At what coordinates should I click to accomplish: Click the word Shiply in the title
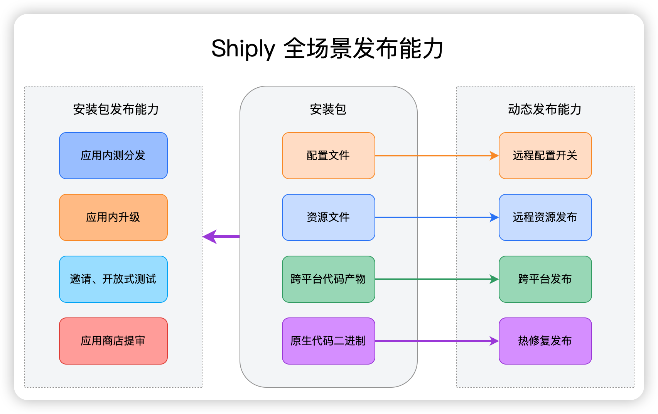tap(243, 49)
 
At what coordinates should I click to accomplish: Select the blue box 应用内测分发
tap(113, 156)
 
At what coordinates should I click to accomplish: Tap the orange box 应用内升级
tap(113, 217)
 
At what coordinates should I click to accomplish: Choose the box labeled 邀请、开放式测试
tap(113, 279)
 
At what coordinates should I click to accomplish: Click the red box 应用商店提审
tap(113, 341)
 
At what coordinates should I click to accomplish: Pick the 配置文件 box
tap(328, 156)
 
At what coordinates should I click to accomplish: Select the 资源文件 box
tap(328, 217)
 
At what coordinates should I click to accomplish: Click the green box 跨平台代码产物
tap(328, 279)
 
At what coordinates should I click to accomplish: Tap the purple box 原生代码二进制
tap(328, 341)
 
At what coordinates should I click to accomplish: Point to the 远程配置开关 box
tap(545, 156)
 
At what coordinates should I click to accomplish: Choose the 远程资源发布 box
tap(545, 217)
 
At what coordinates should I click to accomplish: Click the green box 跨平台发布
tap(545, 279)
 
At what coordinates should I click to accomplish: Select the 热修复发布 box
tap(545, 341)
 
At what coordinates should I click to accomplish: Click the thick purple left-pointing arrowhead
tap(209, 237)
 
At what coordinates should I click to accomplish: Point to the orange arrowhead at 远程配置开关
tap(494, 156)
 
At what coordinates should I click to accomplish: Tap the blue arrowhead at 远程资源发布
tap(494, 217)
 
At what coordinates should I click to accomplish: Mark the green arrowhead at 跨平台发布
tap(494, 279)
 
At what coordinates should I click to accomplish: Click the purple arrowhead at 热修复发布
tap(494, 341)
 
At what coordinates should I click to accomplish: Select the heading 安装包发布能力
tap(116, 109)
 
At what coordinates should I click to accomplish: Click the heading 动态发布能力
tap(545, 109)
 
